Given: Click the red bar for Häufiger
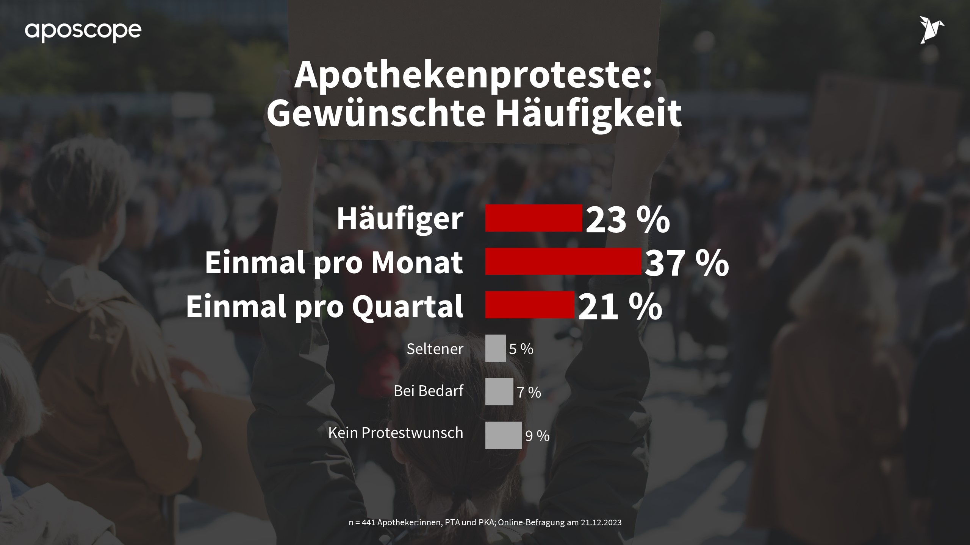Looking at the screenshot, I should click(533, 218).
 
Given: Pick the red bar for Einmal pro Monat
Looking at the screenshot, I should click(563, 262).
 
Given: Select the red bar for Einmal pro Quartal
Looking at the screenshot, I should click(529, 305).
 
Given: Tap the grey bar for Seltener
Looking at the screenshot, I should click(495, 348).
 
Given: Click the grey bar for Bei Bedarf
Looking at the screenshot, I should click(499, 392).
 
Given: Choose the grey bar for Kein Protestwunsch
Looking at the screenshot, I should click(503, 435).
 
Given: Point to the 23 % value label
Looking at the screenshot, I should click(627, 220).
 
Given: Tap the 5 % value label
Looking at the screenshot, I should click(521, 349).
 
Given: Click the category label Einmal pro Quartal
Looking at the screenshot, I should click(324, 306).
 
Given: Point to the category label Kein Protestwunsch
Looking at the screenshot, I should click(396, 433).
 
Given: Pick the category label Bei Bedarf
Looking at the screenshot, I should click(429, 391).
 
